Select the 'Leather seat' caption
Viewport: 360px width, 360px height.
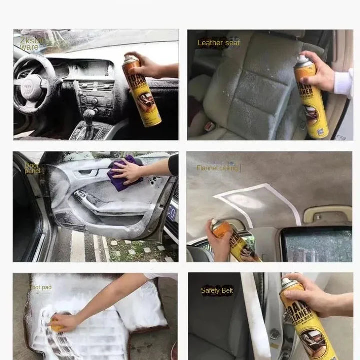[218, 43]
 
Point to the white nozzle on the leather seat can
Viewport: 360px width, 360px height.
[302, 59]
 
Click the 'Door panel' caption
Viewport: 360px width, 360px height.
[32, 168]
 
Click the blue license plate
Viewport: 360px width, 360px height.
[171, 213]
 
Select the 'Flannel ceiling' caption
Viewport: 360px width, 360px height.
[218, 168]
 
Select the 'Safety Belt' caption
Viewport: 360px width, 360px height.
[217, 290]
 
